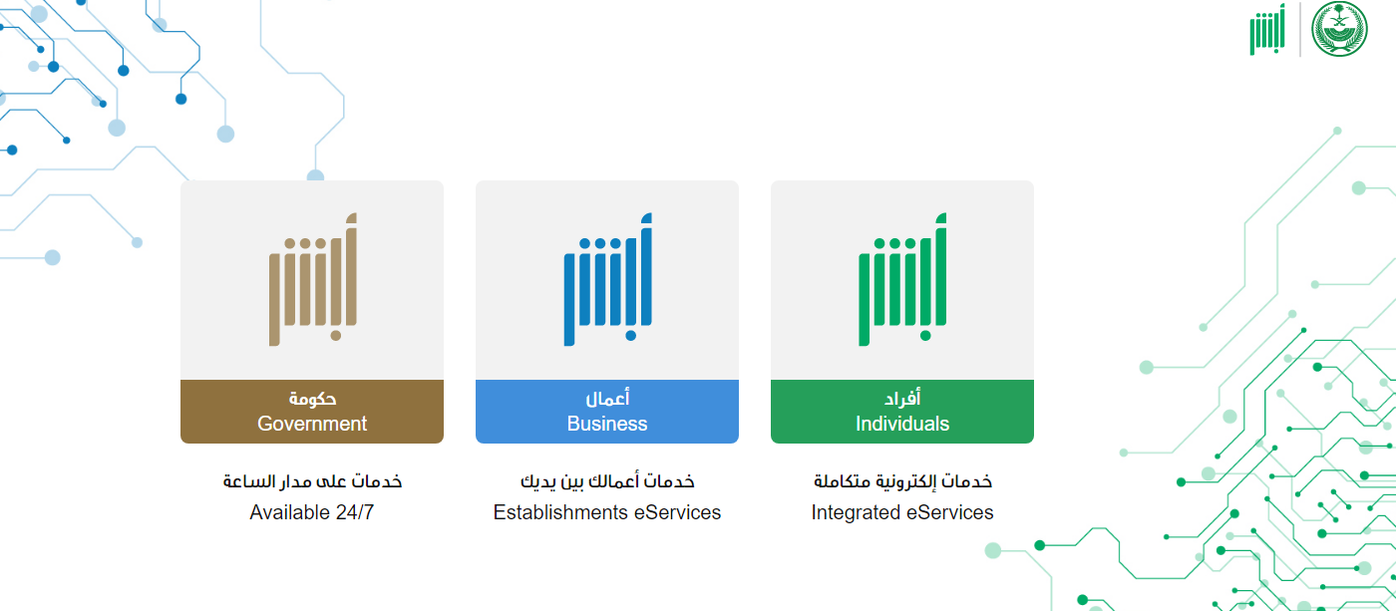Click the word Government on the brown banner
coord(311,424)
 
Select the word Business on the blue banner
coord(607,424)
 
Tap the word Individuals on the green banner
coord(901,424)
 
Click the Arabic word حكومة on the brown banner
coord(312,398)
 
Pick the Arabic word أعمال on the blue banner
coord(607,398)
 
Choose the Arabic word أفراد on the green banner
coord(901,398)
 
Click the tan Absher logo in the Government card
coord(313,279)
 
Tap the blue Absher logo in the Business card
coord(607,279)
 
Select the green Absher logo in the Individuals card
coord(902,279)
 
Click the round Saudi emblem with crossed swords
coord(1339,29)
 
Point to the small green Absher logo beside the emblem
coord(1267,29)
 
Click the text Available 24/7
coord(311,512)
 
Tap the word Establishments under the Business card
coord(559,512)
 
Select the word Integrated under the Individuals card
coord(856,512)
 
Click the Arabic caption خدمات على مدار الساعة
coord(312,481)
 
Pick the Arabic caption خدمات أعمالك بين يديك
coord(607,481)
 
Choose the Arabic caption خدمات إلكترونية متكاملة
coord(902,481)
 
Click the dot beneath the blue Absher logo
coord(630,336)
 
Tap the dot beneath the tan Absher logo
coord(336,336)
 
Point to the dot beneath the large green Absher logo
coord(925,336)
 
